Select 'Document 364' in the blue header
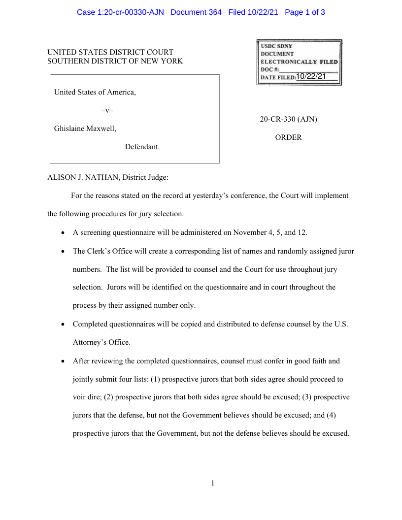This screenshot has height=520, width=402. pos(196,12)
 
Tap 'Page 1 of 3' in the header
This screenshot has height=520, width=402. pos(304,12)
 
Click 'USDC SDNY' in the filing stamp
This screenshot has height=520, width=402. pos(276,46)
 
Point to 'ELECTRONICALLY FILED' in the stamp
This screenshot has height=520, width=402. pos(299,62)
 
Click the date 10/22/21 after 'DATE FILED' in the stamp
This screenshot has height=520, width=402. pos(311,76)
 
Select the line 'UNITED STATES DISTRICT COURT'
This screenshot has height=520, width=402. pos(110,52)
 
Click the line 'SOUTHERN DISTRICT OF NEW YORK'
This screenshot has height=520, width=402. pos(115,61)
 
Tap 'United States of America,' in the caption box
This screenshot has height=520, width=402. pos(95,92)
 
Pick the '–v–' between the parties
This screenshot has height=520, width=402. pos(107,111)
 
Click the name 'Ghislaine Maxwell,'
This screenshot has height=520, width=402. pos(85,129)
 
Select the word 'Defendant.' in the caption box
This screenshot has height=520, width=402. pos(142,147)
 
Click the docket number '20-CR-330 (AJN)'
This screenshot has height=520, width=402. pos(289,120)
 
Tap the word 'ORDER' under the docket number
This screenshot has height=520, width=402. pos(289,138)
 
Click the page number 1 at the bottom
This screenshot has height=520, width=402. pos(213,483)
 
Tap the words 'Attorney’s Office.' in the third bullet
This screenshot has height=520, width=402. pos(101,342)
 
